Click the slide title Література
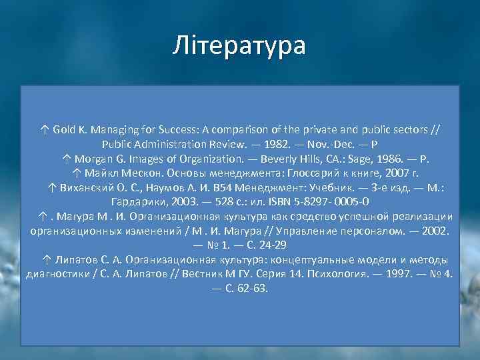point(239,46)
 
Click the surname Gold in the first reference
point(66,129)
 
